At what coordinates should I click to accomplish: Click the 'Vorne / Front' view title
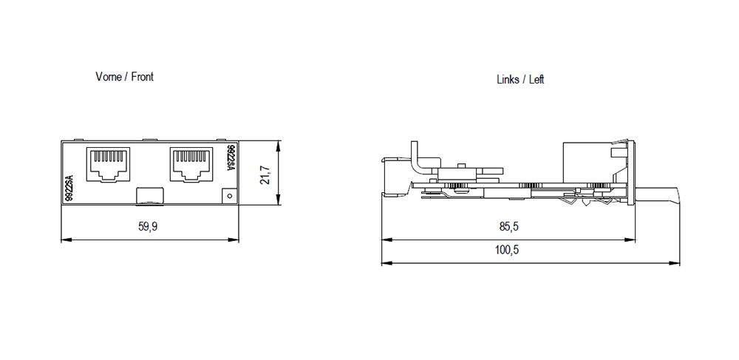(124, 77)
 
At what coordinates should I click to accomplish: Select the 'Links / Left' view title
(520, 79)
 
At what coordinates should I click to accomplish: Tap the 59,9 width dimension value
(148, 228)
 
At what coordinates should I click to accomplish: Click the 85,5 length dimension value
(508, 228)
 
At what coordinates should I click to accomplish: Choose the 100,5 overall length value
(507, 251)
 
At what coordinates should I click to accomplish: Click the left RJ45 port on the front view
(108, 164)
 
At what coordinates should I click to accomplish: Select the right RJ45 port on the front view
(192, 164)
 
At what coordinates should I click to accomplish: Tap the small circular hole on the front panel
(229, 196)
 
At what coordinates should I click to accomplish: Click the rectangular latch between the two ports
(150, 196)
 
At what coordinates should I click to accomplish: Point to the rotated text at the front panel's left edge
(69, 189)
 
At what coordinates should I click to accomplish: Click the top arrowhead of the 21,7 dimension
(278, 144)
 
